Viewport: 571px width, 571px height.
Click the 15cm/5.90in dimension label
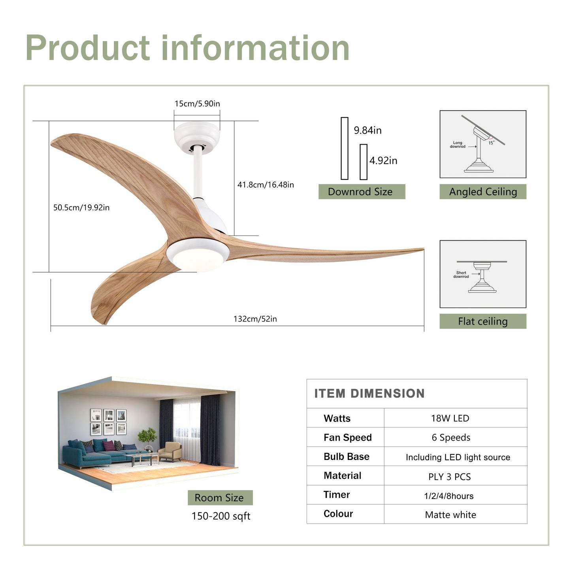(x=197, y=104)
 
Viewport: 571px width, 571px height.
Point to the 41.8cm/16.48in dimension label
(x=266, y=185)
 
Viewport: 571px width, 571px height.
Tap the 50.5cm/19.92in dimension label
(x=81, y=207)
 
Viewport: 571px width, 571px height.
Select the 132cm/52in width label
(x=255, y=319)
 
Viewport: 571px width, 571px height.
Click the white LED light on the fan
(x=197, y=258)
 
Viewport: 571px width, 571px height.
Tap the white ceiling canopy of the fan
(x=197, y=136)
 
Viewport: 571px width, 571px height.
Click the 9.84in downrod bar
(x=345, y=148)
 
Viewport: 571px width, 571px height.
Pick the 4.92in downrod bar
(x=364, y=162)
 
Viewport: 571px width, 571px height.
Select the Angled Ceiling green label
(x=483, y=192)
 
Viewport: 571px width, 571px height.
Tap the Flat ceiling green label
(x=483, y=321)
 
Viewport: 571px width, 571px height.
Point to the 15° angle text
(x=492, y=143)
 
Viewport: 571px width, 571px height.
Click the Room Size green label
(x=220, y=498)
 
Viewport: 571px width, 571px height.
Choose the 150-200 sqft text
(x=221, y=516)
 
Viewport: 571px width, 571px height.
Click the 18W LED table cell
(x=450, y=418)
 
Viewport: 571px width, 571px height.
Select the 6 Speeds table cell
(x=451, y=437)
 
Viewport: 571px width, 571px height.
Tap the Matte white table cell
(x=450, y=514)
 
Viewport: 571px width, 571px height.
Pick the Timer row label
(x=337, y=495)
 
